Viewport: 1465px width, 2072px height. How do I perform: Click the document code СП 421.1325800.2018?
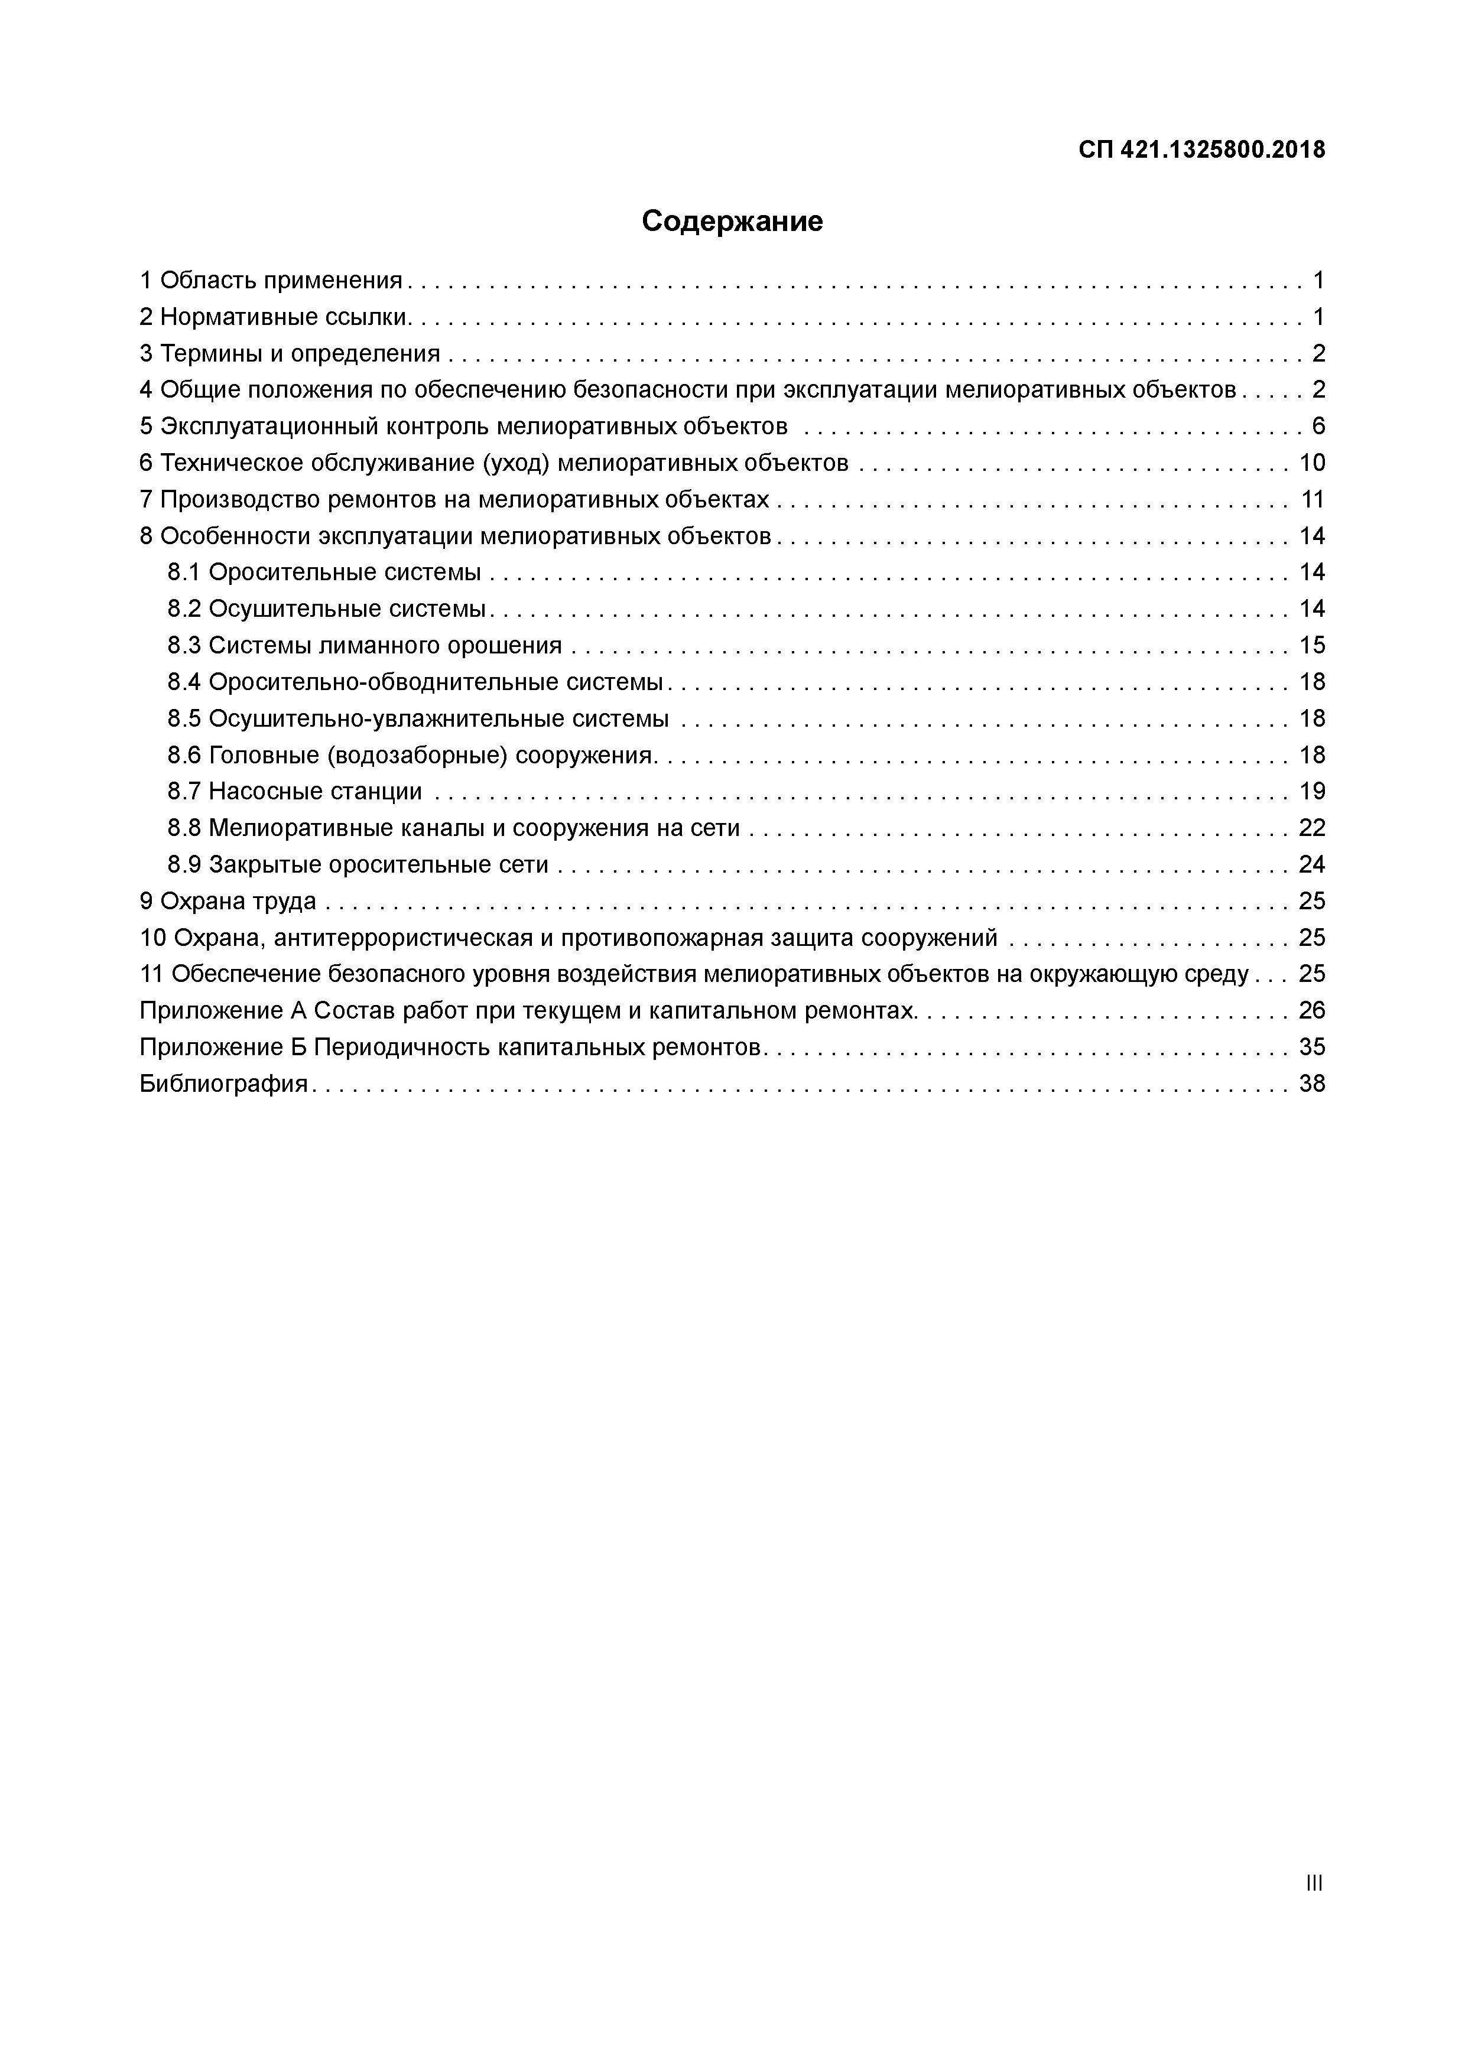click(1201, 150)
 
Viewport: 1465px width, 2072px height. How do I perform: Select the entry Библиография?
click(224, 1084)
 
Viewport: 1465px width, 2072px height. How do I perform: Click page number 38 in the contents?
click(1311, 1084)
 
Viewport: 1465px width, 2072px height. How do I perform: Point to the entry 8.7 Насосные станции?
click(294, 792)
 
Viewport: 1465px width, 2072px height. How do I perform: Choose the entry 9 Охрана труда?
click(228, 900)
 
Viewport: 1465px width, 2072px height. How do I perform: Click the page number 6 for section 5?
click(1318, 426)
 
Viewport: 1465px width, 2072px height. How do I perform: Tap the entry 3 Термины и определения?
click(290, 353)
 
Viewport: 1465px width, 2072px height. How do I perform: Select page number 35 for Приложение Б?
click(1311, 1047)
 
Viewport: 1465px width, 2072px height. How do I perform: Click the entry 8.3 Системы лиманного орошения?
click(365, 645)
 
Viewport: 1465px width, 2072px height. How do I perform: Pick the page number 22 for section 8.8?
click(1311, 828)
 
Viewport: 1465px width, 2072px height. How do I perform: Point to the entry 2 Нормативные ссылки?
click(275, 317)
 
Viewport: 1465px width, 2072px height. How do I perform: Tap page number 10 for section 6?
click(1311, 463)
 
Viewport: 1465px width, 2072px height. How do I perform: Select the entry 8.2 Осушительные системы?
click(327, 609)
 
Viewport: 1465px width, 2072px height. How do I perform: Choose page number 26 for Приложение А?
click(1311, 1011)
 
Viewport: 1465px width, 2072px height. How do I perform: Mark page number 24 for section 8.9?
click(1311, 864)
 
